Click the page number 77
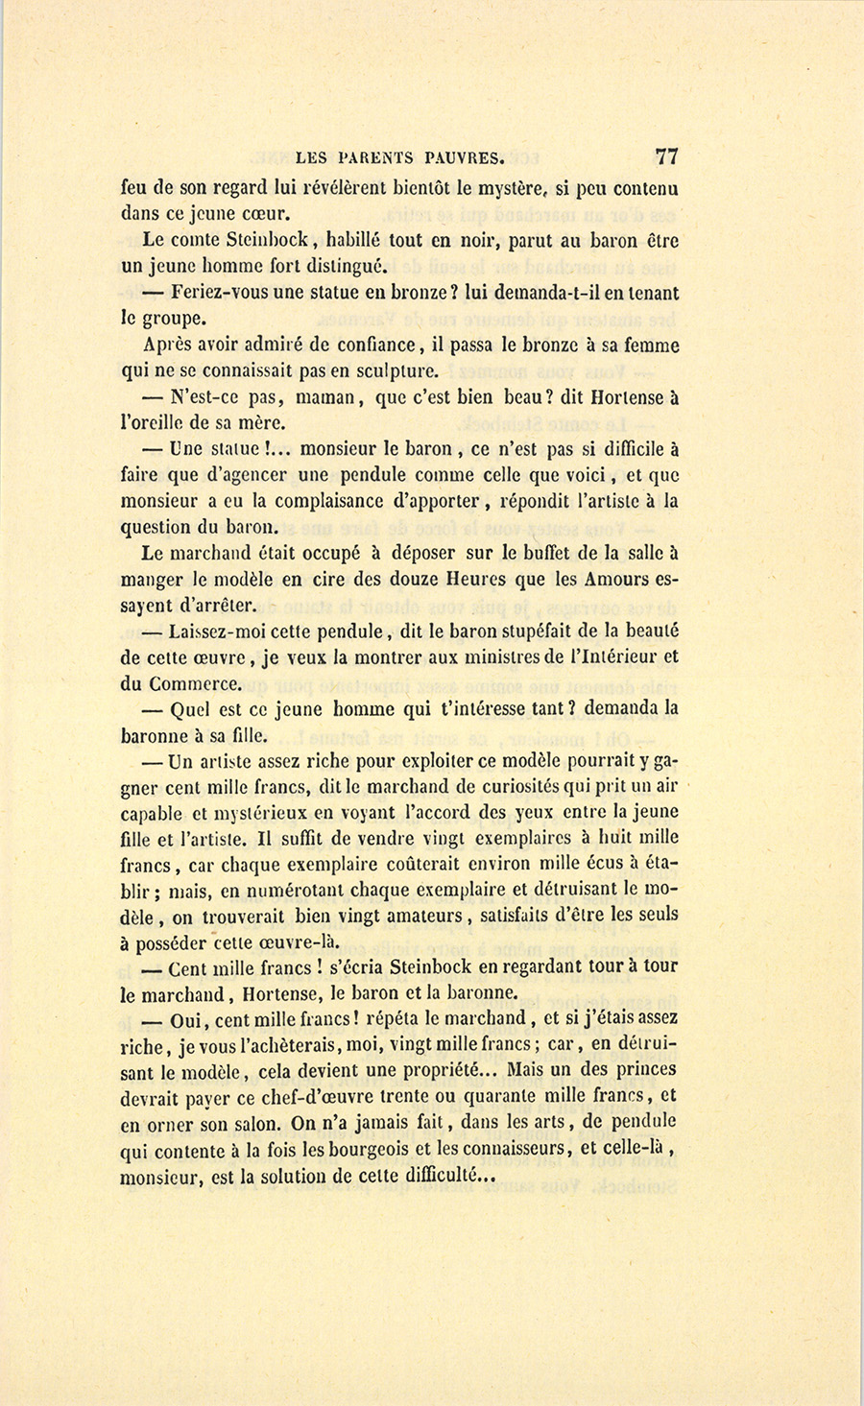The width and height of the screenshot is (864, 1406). tap(666, 157)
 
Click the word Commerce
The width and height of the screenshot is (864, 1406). tap(196, 684)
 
